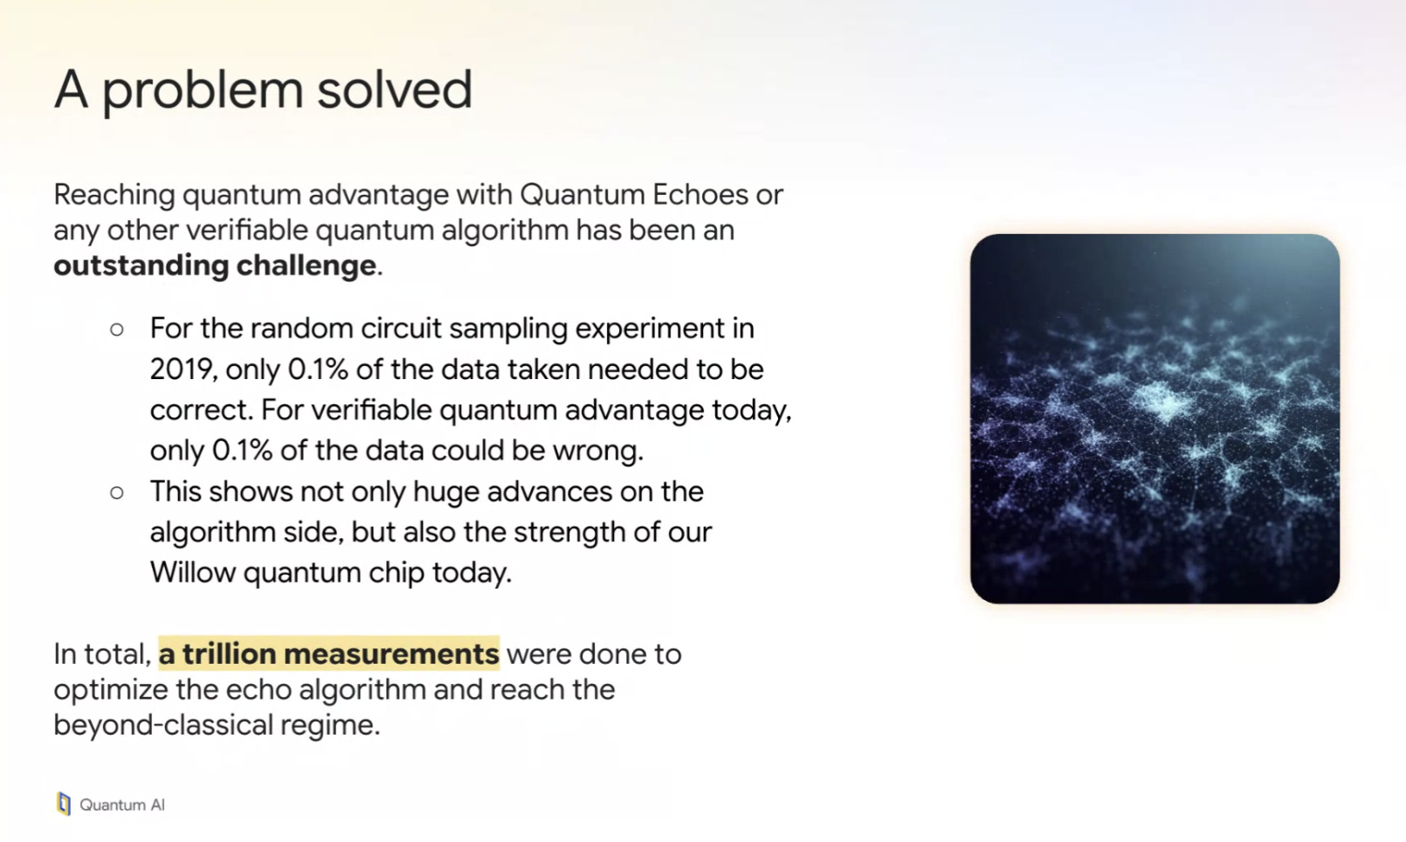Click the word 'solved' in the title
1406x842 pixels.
pyautogui.click(x=394, y=89)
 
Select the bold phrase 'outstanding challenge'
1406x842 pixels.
pyautogui.click(x=215, y=266)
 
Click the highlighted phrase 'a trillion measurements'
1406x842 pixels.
pyautogui.click(x=329, y=653)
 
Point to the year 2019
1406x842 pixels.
pyautogui.click(x=182, y=369)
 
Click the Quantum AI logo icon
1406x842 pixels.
pyautogui.click(x=64, y=804)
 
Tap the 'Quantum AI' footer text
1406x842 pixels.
pyautogui.click(x=121, y=805)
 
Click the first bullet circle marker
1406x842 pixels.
pyautogui.click(x=117, y=329)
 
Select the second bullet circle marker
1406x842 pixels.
pyautogui.click(x=117, y=493)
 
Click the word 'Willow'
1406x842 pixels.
pyautogui.click(x=192, y=572)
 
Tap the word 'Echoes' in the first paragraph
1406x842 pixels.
pyautogui.click(x=700, y=195)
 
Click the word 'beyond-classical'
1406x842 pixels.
pyautogui.click(x=163, y=725)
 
